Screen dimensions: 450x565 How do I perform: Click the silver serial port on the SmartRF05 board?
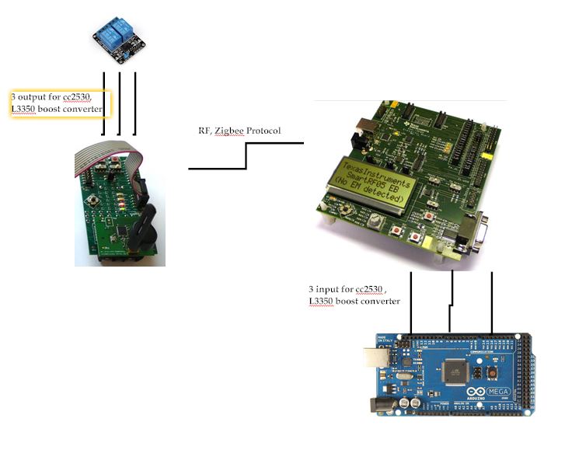coord(473,235)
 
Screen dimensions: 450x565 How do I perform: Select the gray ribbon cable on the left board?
coord(109,158)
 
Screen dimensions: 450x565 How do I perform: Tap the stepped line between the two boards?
coord(246,155)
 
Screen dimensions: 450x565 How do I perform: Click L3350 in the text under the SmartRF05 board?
coord(323,301)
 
